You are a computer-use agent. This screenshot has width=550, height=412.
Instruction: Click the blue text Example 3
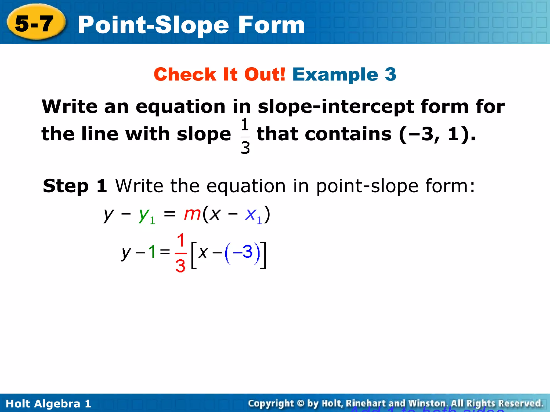pyautogui.click(x=344, y=74)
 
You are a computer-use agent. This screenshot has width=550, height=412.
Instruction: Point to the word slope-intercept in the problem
pyautogui.click(x=336, y=107)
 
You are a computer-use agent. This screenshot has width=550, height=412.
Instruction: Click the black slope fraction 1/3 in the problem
pyautogui.click(x=245, y=136)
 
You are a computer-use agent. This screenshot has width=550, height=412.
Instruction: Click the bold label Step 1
pyautogui.click(x=75, y=186)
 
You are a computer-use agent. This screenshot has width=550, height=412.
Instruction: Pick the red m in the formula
pyautogui.click(x=192, y=214)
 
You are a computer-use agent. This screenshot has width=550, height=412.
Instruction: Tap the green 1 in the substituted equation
pyautogui.click(x=152, y=252)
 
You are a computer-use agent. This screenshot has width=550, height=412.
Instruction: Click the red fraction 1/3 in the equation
pyautogui.click(x=180, y=253)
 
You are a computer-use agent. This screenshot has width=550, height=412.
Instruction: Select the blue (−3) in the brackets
pyautogui.click(x=243, y=253)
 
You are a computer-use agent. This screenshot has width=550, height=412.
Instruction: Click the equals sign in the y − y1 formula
pyautogui.click(x=169, y=214)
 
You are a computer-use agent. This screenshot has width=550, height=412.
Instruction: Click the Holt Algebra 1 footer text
pyautogui.click(x=48, y=404)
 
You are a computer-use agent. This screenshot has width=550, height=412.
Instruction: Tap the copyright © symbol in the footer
pyautogui.click(x=301, y=403)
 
